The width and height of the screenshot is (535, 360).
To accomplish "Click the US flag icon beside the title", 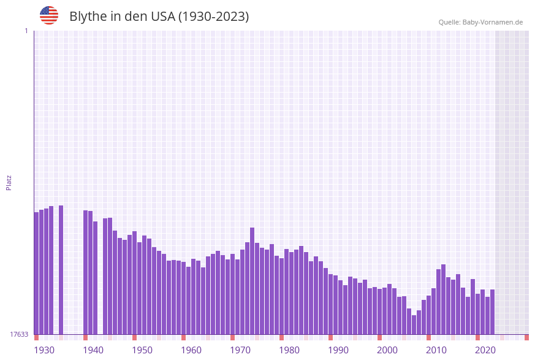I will click(49, 15).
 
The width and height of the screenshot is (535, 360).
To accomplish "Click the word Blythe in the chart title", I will click(88, 17).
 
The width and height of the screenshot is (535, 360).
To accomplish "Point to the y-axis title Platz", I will click(9, 182).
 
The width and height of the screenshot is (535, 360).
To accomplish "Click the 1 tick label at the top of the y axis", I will click(26, 31).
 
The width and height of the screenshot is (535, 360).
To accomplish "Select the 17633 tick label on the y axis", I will click(19, 334).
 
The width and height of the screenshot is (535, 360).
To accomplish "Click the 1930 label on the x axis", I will click(44, 350).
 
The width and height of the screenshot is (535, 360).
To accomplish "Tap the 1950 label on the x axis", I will click(142, 350).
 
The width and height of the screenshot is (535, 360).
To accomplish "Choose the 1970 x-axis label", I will click(240, 350).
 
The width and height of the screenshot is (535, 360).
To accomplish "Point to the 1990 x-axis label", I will click(338, 350).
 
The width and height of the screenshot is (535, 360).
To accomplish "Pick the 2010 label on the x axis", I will click(436, 350).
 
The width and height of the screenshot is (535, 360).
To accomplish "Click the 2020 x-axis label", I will click(485, 350).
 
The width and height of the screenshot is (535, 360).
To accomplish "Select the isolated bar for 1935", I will click(61, 270).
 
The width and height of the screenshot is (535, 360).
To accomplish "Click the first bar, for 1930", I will click(36, 273).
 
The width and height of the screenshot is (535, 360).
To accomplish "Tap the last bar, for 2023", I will click(492, 312).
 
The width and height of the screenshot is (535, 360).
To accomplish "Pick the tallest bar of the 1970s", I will click(252, 281).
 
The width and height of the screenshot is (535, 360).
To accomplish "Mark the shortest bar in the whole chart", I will click(414, 325).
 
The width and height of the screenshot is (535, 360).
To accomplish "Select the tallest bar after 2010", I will click(443, 299).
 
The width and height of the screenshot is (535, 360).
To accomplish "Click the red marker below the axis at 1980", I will click(281, 337).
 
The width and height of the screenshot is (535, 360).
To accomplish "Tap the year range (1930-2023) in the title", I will click(213, 17).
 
